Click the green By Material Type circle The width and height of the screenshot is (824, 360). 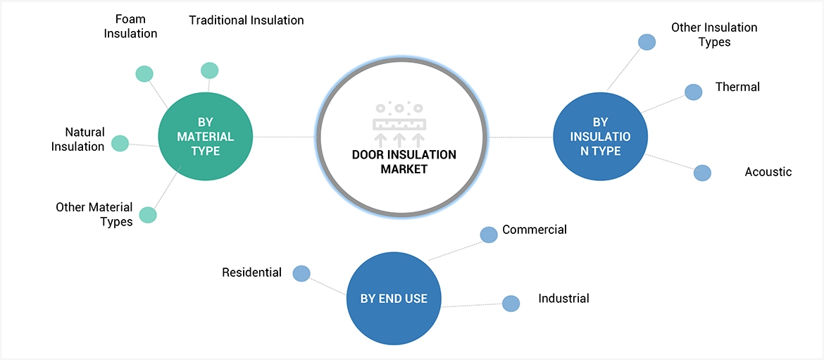click(x=206, y=136)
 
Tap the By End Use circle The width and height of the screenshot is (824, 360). click(x=394, y=298)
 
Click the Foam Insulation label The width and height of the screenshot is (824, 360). click(x=130, y=25)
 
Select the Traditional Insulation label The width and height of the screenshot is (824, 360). click(x=246, y=20)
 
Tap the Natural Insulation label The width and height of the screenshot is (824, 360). click(x=78, y=139)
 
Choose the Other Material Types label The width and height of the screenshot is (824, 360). click(x=94, y=214)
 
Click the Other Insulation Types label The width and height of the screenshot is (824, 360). click(x=714, y=35)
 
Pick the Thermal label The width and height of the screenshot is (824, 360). click(x=737, y=87)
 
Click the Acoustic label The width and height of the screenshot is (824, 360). click(x=768, y=172)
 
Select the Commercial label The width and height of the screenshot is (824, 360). click(x=535, y=229)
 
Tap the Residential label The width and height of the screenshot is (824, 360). click(x=251, y=272)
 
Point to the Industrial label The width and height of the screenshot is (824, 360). click(x=563, y=298)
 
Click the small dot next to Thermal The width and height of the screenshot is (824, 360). click(x=694, y=92)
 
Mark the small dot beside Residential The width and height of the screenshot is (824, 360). click(x=301, y=273)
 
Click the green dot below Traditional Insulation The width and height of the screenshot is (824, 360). click(x=210, y=70)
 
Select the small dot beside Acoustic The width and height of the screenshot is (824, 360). click(x=702, y=173)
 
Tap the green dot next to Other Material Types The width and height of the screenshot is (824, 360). click(x=147, y=215)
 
